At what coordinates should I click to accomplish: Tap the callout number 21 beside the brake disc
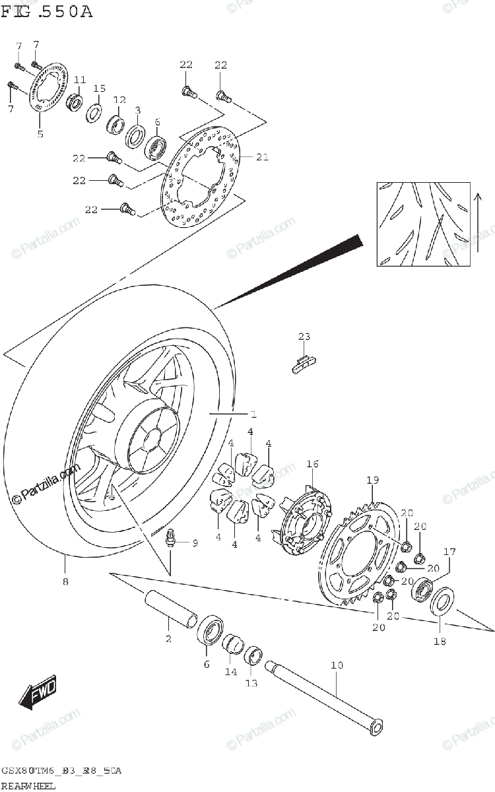click(263, 156)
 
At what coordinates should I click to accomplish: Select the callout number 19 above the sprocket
click(372, 480)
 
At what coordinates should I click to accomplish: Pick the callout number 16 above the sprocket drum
click(312, 465)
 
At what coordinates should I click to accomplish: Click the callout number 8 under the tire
click(65, 581)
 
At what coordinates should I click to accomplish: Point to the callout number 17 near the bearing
click(449, 552)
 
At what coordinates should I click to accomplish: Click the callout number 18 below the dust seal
click(440, 640)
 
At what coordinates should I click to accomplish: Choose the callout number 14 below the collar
click(230, 672)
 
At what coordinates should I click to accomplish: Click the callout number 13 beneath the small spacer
click(251, 683)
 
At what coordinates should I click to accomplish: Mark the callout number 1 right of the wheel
click(253, 414)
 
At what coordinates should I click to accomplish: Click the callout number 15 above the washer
click(99, 88)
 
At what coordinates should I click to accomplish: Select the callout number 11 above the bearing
click(80, 80)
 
